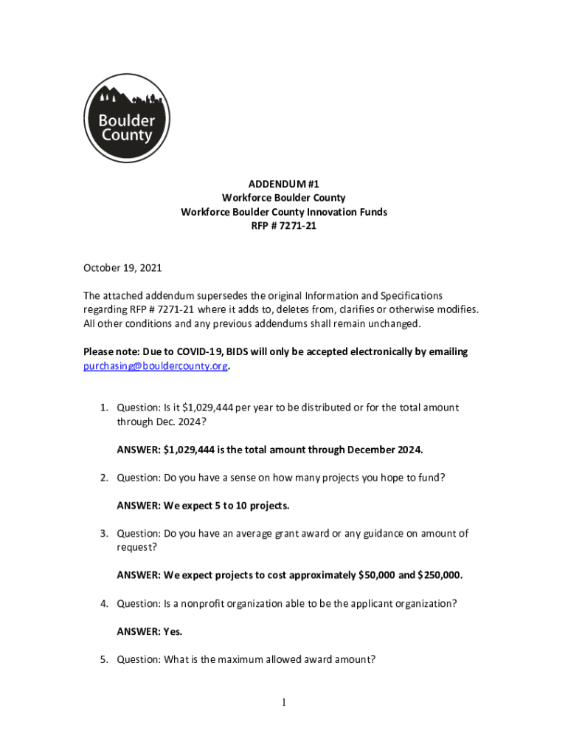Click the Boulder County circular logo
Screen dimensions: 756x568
pos(127,118)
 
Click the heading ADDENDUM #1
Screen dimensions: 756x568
pos(284,184)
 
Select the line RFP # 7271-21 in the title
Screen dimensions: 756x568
pos(284,226)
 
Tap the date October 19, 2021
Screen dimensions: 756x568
pos(122,268)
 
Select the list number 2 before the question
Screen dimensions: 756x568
pos(105,478)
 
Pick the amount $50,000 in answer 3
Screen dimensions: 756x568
pos(378,575)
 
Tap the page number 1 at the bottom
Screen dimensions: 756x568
pos(284,703)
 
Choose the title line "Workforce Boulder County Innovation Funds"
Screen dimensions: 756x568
pos(284,212)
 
